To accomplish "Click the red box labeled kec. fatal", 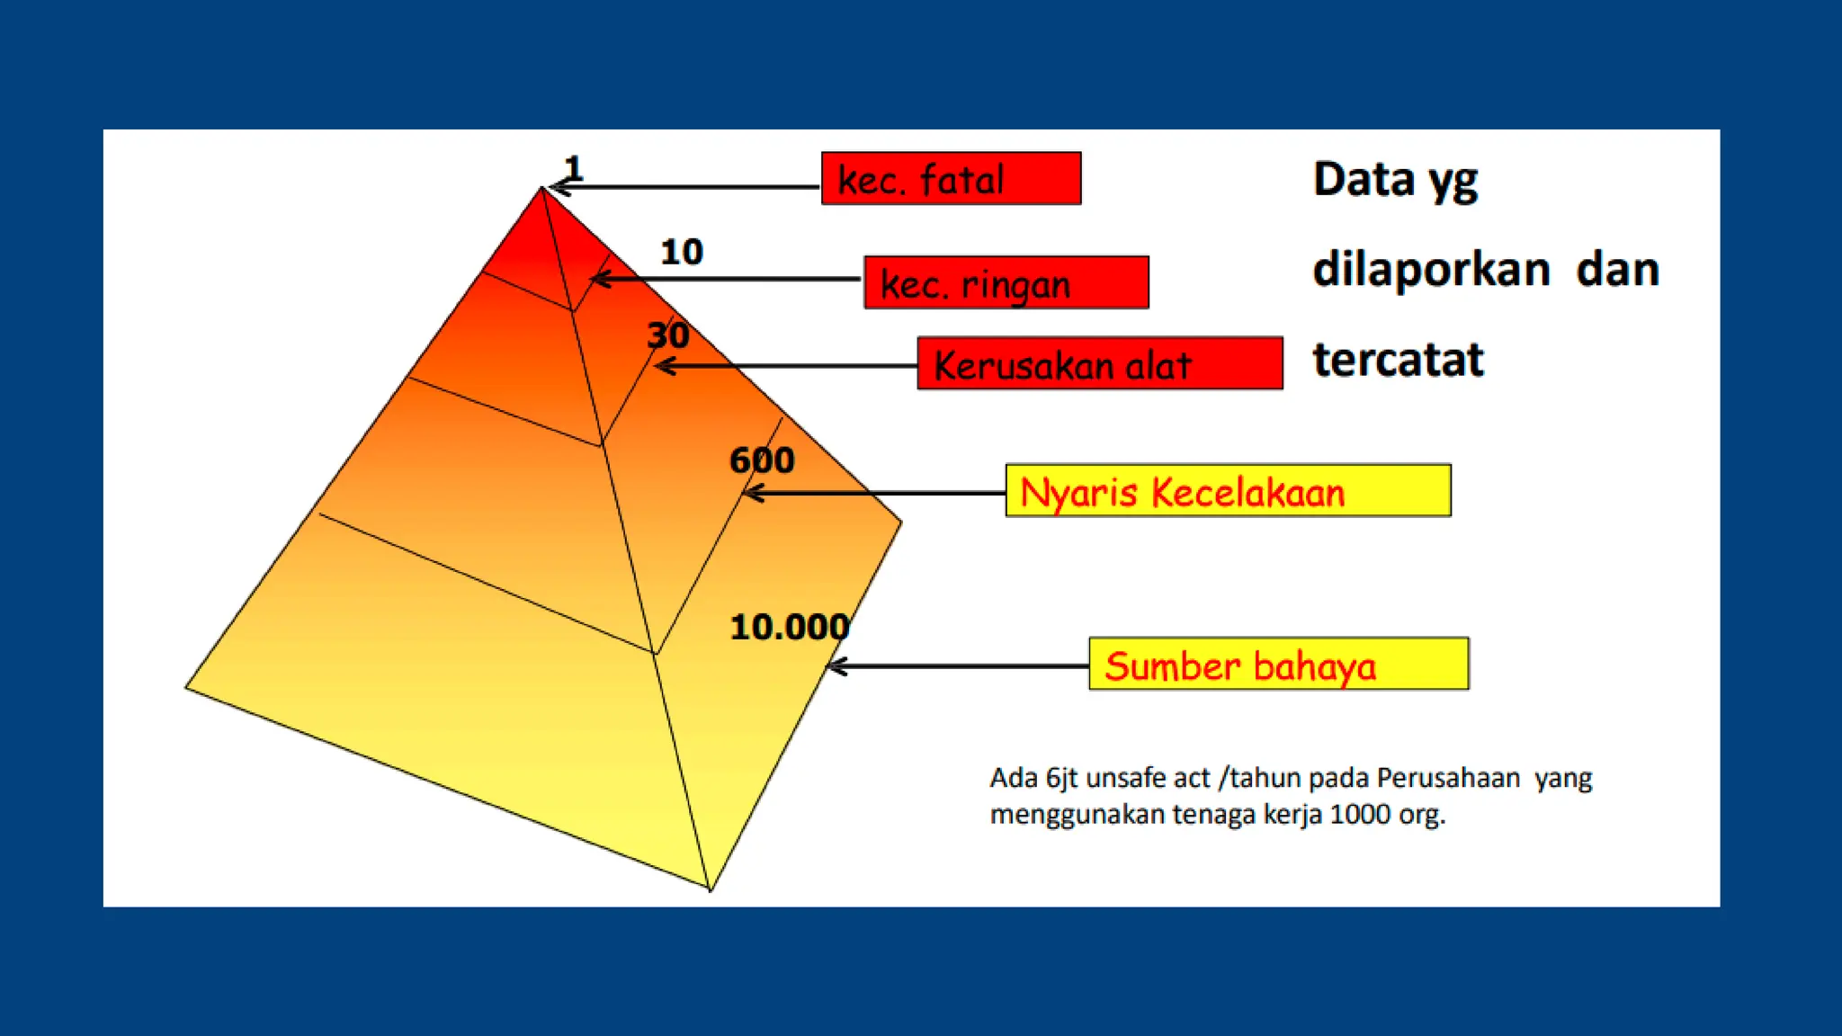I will pos(951,178).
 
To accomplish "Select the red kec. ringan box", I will pos(1006,282).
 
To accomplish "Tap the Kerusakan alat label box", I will pos(1099,363).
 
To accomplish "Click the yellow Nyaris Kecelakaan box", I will pos(1228,490).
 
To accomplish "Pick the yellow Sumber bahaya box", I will pos(1278,664).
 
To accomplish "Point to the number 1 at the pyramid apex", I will pos(573,168).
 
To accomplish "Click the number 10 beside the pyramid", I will pos(681,252).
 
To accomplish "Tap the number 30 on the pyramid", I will pos(667,335).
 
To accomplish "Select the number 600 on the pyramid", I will pos(761,460).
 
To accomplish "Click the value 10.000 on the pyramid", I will pos(789,627).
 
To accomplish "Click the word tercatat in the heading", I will pos(1397,360).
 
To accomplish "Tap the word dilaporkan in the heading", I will pos(1431,270).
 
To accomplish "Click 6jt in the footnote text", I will pos(1062,778).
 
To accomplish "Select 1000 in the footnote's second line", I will pos(1360,815).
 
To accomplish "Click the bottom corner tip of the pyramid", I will pos(710,889).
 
